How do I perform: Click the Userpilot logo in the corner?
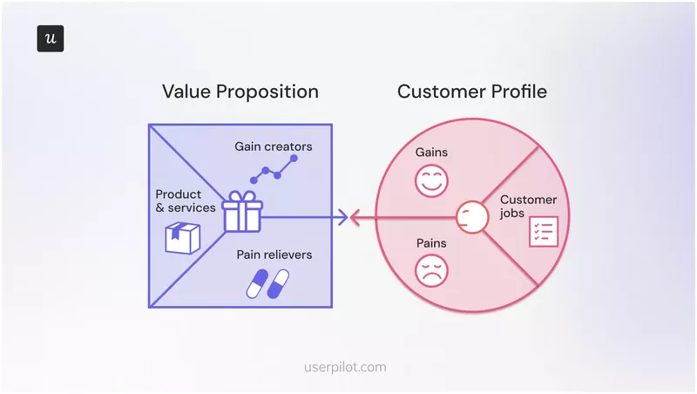[x=50, y=39]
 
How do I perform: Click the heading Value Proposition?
[x=240, y=92]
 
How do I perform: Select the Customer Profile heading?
[x=472, y=92]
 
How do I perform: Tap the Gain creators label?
[x=273, y=146]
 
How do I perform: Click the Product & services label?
[x=186, y=200]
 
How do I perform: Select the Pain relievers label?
[x=274, y=255]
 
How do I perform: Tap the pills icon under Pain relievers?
[x=267, y=283]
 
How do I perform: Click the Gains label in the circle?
[x=431, y=153]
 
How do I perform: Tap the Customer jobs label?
[x=528, y=207]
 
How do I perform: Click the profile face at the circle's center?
[x=470, y=215]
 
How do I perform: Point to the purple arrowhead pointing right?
[x=343, y=216]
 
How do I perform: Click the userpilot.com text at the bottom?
[x=348, y=367]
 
